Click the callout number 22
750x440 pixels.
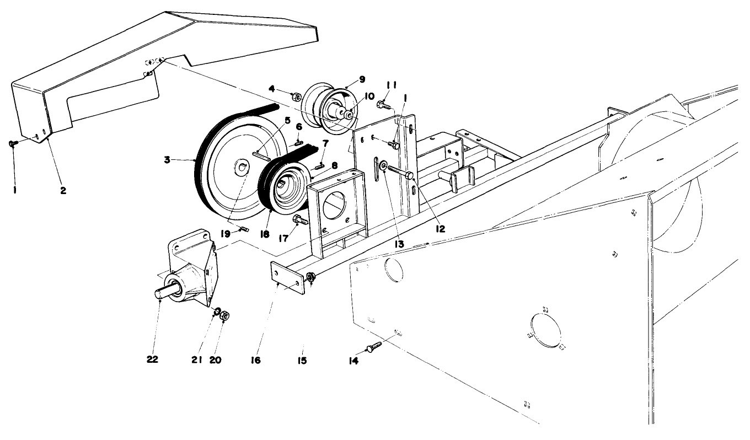pyautogui.click(x=152, y=359)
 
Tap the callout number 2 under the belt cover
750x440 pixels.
pyautogui.click(x=63, y=190)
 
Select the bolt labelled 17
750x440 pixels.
pyautogui.click(x=301, y=222)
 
